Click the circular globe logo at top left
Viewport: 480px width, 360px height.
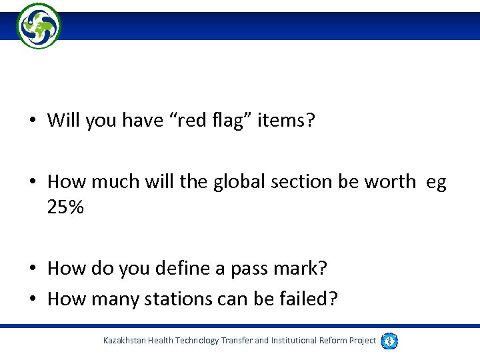click(x=39, y=26)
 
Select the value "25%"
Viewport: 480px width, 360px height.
click(x=65, y=207)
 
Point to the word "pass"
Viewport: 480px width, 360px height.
click(x=251, y=269)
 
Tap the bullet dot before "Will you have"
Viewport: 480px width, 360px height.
click(x=32, y=121)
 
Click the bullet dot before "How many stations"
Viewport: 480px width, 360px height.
click(x=32, y=300)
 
